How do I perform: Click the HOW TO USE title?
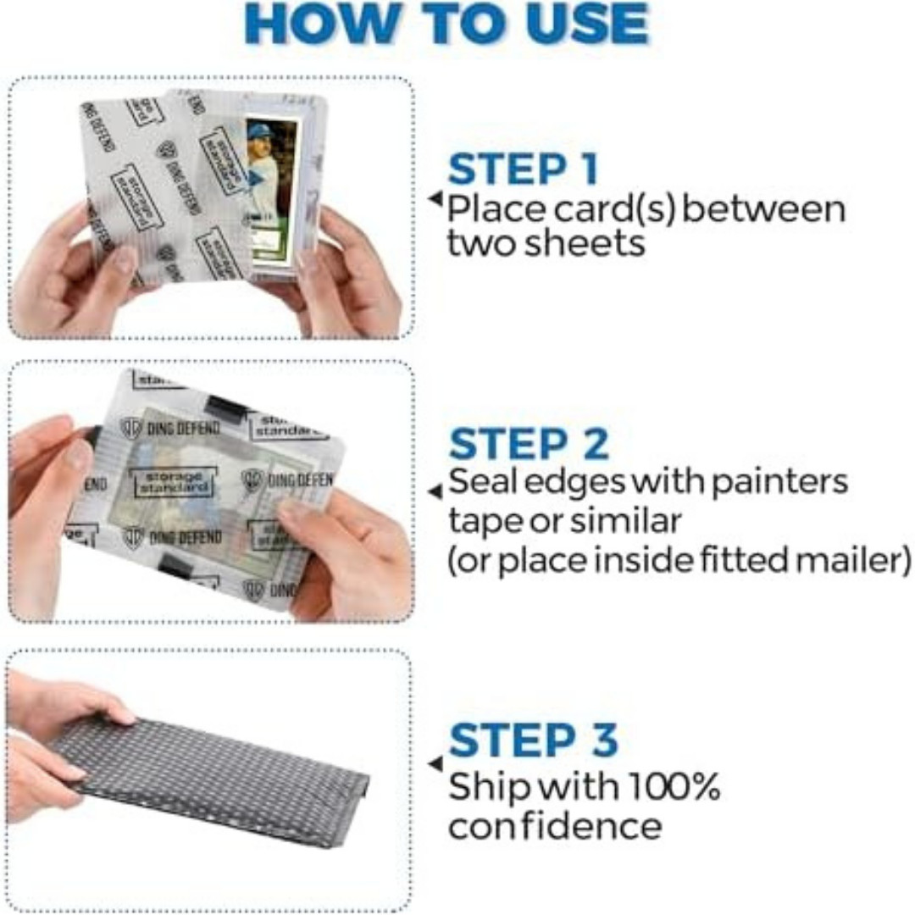tap(446, 26)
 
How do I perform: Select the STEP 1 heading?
tap(523, 169)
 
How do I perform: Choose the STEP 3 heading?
tap(533, 740)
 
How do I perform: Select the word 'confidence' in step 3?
tap(554, 827)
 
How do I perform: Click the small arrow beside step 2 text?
tap(435, 491)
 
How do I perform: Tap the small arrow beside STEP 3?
tap(435, 763)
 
